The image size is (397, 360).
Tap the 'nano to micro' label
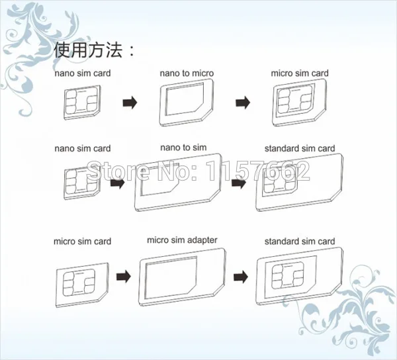187,73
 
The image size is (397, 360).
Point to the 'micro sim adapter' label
182,240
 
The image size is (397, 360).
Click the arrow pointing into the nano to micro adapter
130,103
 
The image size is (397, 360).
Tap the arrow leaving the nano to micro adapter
243,103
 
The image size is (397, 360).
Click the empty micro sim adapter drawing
183,277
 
